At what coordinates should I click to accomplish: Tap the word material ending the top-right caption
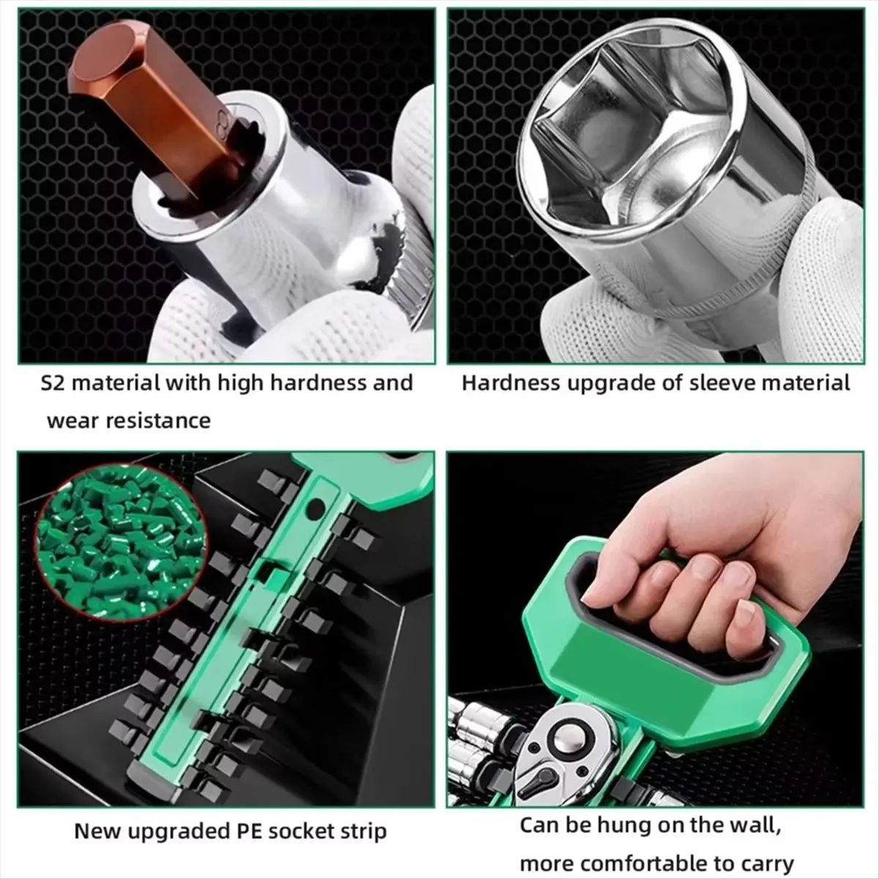click(x=806, y=382)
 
